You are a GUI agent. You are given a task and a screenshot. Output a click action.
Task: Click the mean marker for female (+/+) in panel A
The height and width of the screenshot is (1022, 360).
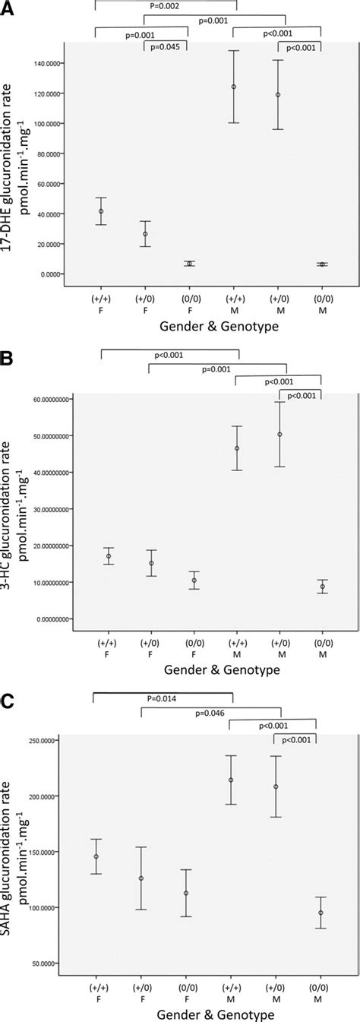click(101, 211)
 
